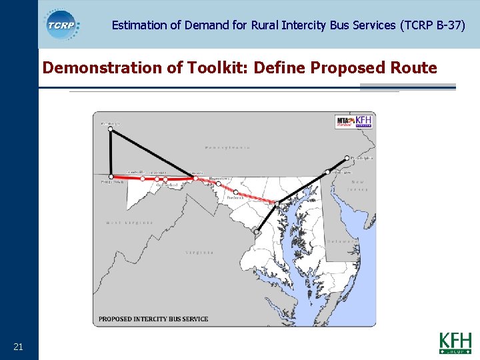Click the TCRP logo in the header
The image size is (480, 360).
click(x=62, y=25)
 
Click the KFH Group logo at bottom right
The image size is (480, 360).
click(x=455, y=343)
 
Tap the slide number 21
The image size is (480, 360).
click(x=18, y=346)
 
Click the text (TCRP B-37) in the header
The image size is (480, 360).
click(x=432, y=25)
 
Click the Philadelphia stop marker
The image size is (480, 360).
click(x=347, y=158)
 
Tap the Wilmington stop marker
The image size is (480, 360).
click(x=327, y=172)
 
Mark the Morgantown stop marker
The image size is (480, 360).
click(x=111, y=177)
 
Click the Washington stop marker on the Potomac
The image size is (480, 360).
click(x=256, y=232)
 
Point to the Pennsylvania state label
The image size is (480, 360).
click(x=227, y=147)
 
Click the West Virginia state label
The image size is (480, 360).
click(x=129, y=223)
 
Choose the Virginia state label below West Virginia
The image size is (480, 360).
click(x=200, y=253)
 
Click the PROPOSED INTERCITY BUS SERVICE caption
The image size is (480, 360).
click(x=153, y=319)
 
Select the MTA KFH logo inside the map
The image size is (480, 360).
click(x=353, y=122)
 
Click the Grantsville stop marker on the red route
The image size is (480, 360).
click(x=143, y=178)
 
